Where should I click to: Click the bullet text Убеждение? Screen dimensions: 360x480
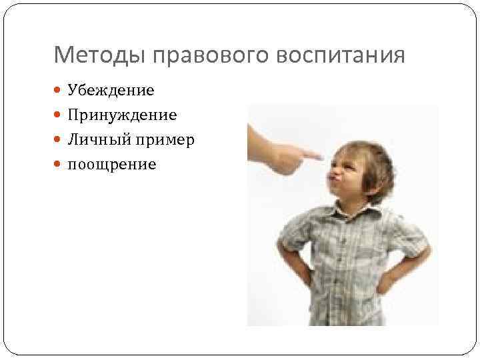click(111, 90)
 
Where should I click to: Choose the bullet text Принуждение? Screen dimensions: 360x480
click(122, 115)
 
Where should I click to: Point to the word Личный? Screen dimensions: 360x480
click(93, 139)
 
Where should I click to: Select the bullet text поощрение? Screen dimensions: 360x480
click(111, 164)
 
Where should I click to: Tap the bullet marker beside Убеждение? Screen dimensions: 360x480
click(59, 90)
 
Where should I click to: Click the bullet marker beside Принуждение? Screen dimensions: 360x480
click(59, 115)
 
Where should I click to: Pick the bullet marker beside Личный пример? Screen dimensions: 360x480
click(59, 139)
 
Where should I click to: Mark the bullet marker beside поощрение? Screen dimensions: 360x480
click(59, 164)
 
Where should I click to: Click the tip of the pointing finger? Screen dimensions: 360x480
click(323, 155)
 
